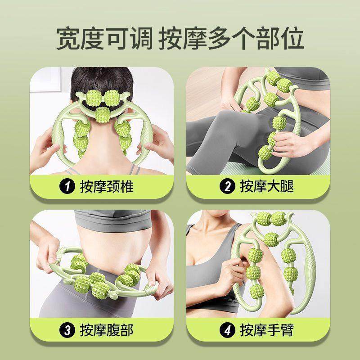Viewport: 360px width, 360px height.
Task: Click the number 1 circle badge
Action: click(69, 186)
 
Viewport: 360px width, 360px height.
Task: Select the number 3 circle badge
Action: click(69, 331)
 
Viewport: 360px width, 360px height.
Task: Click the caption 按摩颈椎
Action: click(107, 186)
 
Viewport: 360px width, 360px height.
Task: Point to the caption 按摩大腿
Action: click(267, 186)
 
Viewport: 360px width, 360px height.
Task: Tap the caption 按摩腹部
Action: click(107, 331)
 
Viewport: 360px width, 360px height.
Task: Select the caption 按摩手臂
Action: click(267, 331)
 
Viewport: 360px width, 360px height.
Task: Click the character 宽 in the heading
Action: click(69, 39)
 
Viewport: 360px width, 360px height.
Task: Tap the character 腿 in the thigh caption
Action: click(286, 186)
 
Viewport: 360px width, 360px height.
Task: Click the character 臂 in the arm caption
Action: click(286, 331)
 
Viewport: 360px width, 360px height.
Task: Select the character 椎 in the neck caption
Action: click(126, 186)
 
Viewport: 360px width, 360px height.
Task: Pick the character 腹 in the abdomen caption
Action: click(113, 331)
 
